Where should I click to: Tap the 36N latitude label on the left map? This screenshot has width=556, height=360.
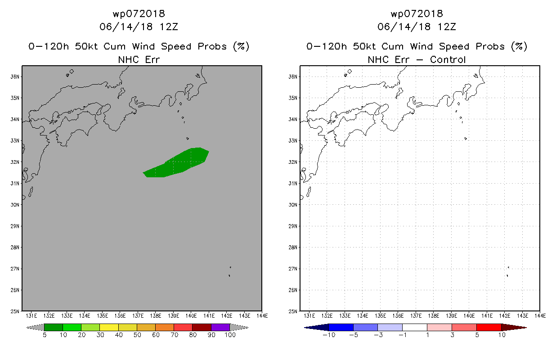(15, 76)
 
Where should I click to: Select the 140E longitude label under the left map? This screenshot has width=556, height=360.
(191, 316)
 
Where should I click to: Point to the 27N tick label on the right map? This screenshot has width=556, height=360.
(293, 269)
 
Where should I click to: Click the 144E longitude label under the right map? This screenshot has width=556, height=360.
(540, 316)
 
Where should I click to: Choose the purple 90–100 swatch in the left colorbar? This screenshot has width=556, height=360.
(220, 327)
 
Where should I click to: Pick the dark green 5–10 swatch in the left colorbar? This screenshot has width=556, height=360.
(54, 327)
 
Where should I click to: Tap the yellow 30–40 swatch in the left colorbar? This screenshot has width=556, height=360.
(109, 327)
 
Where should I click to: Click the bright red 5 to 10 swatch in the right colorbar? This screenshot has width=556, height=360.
(489, 327)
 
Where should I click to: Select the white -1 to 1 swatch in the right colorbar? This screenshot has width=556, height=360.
(415, 327)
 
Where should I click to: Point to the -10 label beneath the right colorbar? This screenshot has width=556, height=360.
(329, 335)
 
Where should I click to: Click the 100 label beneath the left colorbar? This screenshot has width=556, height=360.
(230, 335)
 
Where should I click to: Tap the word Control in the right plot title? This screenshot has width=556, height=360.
(448, 59)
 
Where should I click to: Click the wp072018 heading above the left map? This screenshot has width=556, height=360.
(139, 13)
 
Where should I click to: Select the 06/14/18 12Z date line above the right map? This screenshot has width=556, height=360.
(417, 27)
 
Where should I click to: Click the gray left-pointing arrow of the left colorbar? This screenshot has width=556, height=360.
(35, 327)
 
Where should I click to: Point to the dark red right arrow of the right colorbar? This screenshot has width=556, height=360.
(514, 327)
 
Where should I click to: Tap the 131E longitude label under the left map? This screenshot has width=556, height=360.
(31, 316)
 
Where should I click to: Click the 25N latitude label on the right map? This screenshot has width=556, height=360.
(293, 311)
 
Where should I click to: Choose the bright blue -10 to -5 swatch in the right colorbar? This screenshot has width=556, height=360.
(341, 327)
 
